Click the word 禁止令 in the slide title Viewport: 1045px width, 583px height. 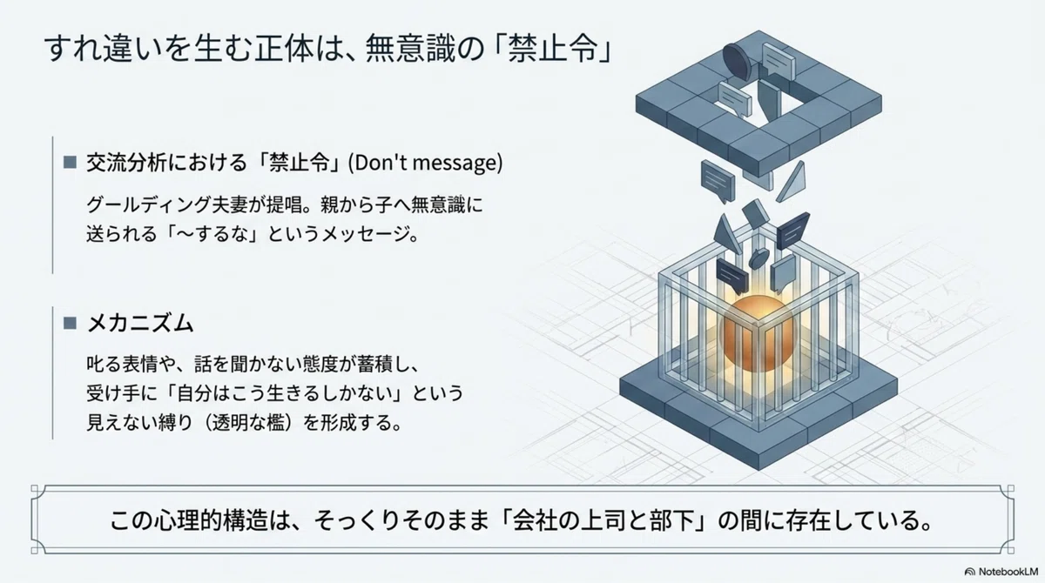click(553, 48)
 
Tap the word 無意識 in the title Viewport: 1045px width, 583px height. click(409, 48)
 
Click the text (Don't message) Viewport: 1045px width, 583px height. click(426, 163)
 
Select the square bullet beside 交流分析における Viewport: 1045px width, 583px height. click(70, 162)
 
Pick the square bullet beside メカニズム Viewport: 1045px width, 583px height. click(70, 323)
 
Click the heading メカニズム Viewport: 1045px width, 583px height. click(140, 323)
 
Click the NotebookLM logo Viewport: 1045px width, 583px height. click(1001, 572)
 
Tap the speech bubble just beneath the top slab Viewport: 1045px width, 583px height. click(718, 182)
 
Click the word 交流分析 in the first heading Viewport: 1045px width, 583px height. click(126, 163)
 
